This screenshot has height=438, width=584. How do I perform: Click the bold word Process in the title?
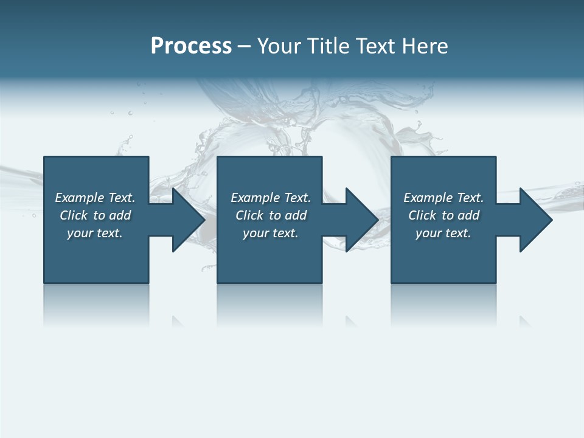tap(191, 46)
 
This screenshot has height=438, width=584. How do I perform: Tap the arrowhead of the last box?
tap(535, 220)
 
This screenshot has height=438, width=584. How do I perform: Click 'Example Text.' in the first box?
tap(95, 198)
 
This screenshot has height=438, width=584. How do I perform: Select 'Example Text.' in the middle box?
tap(271, 198)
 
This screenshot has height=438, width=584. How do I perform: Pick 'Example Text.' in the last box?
tap(443, 198)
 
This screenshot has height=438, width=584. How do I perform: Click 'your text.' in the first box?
tap(95, 233)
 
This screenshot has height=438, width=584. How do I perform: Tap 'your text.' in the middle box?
tap(271, 233)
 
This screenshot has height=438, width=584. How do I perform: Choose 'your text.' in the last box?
tap(443, 233)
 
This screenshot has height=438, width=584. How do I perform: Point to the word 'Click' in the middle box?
tap(249, 215)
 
